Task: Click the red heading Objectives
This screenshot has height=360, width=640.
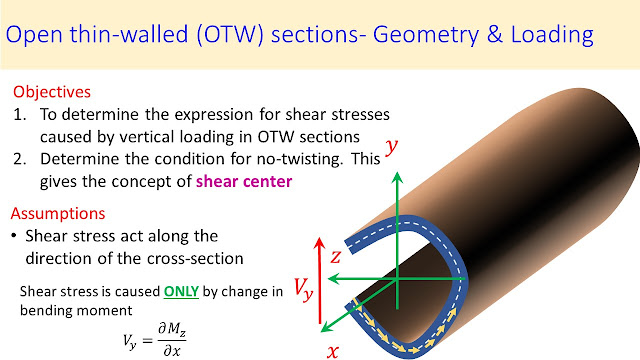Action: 52,92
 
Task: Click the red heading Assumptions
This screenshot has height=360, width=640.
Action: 58,213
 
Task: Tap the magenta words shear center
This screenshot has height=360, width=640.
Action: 244,182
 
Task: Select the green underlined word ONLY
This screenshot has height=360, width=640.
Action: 181,291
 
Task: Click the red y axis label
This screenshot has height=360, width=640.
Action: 391,147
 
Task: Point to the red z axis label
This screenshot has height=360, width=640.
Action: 336,257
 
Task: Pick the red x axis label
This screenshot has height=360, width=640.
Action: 333,351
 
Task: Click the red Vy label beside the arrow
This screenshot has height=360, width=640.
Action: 304,289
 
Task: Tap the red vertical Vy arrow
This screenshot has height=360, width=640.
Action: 320,281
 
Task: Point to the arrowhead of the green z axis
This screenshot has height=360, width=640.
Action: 333,279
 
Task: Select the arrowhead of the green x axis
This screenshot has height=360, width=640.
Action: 325,327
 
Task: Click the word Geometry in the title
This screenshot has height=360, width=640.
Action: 426,35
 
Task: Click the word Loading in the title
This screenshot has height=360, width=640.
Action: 552,35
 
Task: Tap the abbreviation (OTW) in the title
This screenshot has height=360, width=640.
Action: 230,34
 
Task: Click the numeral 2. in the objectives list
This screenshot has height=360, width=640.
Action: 20,159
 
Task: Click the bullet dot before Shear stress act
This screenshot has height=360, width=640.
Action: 15,236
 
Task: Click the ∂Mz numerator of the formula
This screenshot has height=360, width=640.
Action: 172,329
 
